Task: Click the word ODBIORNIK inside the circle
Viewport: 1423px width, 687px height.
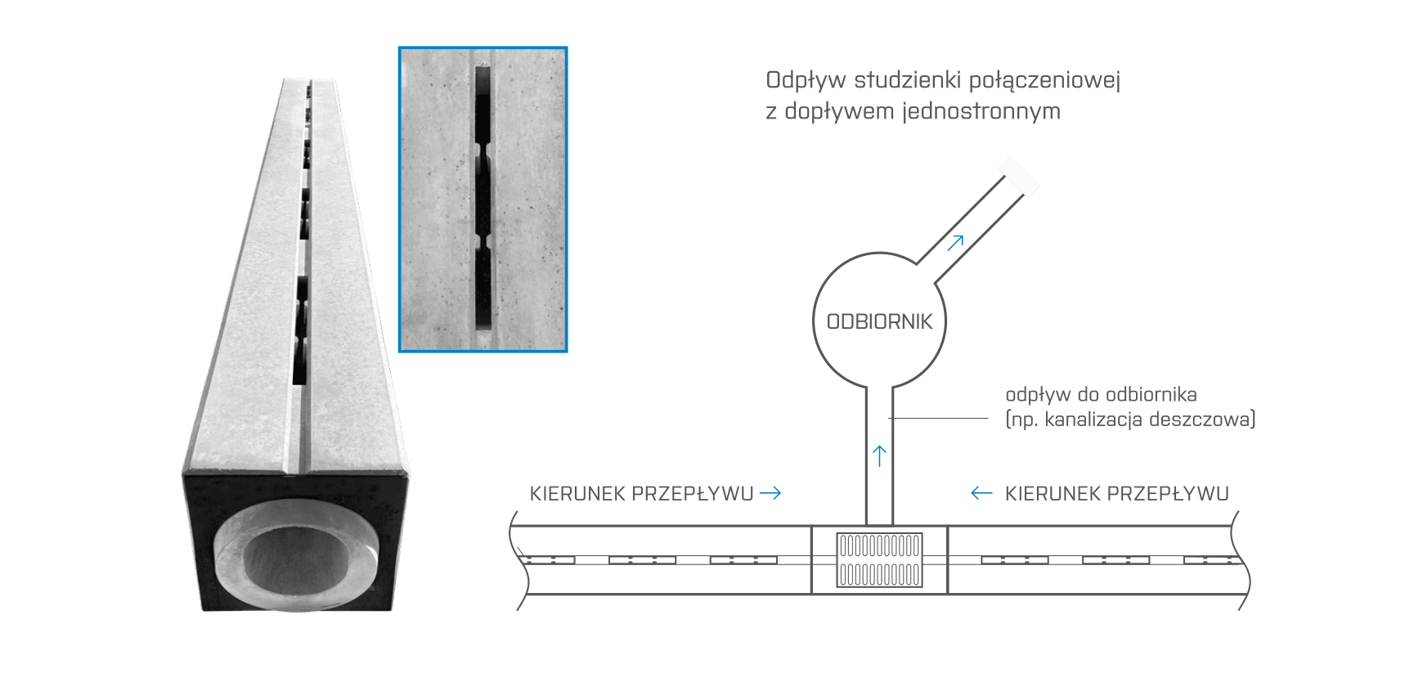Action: (x=879, y=321)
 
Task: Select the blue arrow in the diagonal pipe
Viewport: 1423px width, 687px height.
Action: (x=956, y=240)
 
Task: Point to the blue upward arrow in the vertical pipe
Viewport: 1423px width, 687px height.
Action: (x=879, y=455)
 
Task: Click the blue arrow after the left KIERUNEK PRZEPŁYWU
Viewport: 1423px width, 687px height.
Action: (x=770, y=493)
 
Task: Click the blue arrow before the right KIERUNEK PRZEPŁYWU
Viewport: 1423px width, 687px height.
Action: (x=981, y=493)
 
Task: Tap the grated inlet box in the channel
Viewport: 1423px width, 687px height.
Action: (x=879, y=559)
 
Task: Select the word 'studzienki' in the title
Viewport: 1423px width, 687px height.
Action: (x=908, y=81)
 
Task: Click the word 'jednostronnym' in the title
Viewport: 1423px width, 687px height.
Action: (x=981, y=111)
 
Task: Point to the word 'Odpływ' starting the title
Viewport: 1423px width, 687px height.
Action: (x=806, y=81)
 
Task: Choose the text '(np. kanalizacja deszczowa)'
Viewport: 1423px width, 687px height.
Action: (x=1130, y=420)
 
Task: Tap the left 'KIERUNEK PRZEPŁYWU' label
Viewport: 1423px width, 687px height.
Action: (x=641, y=493)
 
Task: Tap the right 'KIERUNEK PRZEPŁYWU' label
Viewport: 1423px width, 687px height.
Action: (x=1116, y=493)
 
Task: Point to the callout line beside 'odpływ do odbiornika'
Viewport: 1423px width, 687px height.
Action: (x=940, y=419)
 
